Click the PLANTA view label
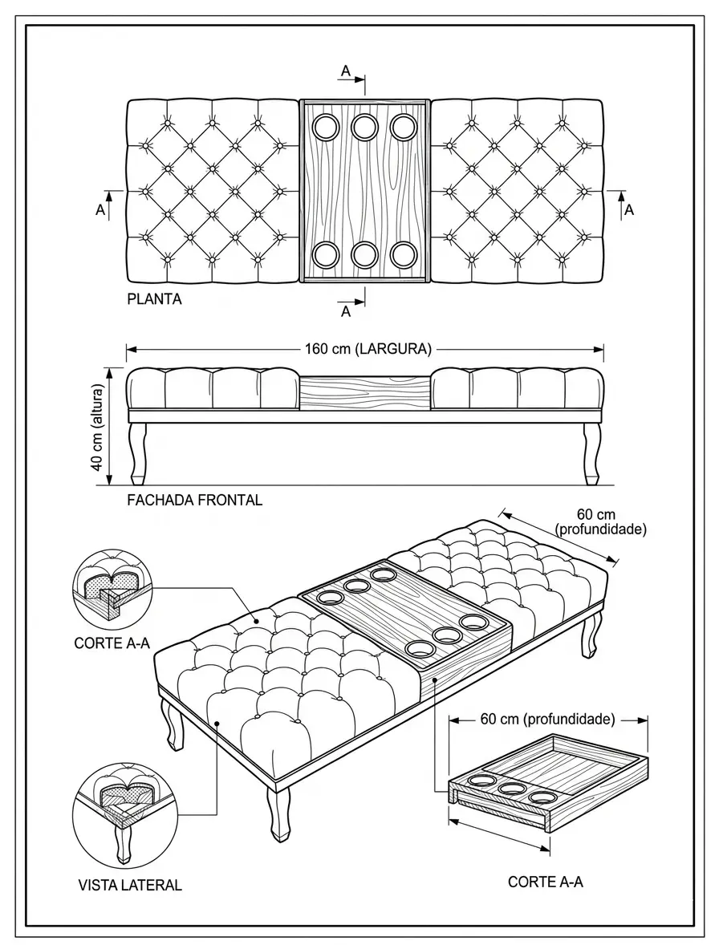tap(154, 299)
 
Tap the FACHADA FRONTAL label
tap(195, 501)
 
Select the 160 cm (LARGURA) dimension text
tap(368, 349)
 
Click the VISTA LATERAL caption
tap(129, 886)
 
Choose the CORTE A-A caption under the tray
tap(546, 882)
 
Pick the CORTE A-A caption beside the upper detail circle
tap(112, 643)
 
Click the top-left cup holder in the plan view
tap(327, 128)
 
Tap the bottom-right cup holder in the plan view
tap(403, 255)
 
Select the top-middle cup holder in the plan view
tap(364, 127)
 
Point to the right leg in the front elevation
tap(592, 454)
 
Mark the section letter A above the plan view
tap(345, 71)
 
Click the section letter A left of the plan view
tap(100, 209)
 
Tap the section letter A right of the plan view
tap(628, 209)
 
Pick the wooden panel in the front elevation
tap(365, 392)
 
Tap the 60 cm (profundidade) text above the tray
tap(548, 719)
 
